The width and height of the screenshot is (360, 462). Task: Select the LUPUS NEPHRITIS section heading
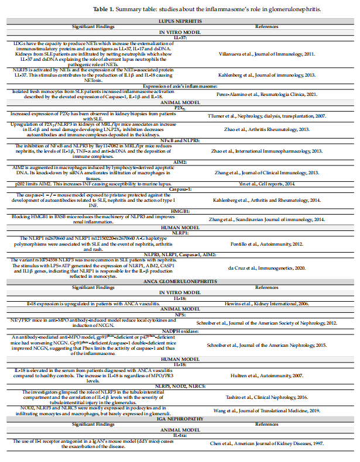[180, 20]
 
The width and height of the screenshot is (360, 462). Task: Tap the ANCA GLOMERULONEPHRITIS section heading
[180, 281]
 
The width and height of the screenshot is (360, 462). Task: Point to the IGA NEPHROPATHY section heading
[180, 418]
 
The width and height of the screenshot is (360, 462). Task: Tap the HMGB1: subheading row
[180, 210]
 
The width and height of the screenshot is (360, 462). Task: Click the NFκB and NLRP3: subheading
[180, 141]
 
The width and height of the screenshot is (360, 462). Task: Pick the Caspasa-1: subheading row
[180, 189]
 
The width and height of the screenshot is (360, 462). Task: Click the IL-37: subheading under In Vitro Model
[180, 37]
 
